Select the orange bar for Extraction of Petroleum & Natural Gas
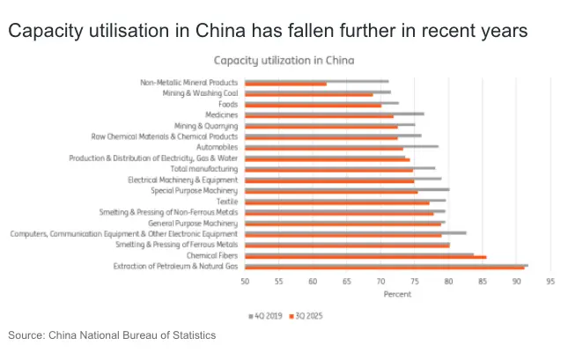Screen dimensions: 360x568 click(x=383, y=268)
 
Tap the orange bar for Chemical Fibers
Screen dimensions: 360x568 click(x=365, y=257)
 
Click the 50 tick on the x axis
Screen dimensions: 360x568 click(x=245, y=283)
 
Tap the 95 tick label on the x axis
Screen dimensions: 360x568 click(x=550, y=283)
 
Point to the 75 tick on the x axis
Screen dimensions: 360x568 click(x=414, y=283)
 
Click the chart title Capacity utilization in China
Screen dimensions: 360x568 click(x=284, y=61)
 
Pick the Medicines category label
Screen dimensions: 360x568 click(x=220, y=114)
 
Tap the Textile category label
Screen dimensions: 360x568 click(x=225, y=201)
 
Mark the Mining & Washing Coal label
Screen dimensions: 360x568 click(x=201, y=93)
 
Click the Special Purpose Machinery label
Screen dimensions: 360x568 click(x=194, y=190)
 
